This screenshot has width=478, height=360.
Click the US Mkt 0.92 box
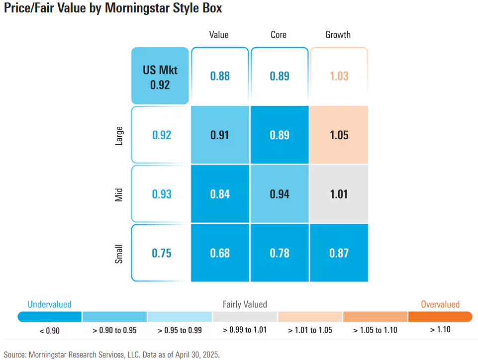pos(160,76)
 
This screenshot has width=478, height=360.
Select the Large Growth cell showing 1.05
pos(339,135)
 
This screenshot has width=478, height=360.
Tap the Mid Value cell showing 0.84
pos(220,194)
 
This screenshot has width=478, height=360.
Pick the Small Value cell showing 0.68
pos(220,253)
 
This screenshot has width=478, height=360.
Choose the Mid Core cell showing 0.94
pos(280,194)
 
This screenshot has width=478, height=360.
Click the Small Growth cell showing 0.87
pos(339,253)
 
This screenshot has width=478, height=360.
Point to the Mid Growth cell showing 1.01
pos(339,194)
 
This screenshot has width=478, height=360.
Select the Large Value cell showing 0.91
pos(220,135)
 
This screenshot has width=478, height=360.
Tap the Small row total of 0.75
pos(161,253)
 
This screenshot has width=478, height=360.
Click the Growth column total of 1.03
pos(339,76)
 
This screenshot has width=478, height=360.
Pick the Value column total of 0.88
pos(220,76)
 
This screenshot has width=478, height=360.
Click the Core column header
pos(279,35)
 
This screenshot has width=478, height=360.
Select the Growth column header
pos(338,35)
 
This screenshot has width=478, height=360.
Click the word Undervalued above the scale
pos(49,304)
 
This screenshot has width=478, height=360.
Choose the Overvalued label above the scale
pos(440,304)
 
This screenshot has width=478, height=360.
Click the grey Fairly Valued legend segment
pos(245,317)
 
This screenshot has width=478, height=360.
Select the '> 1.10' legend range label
pos(440,329)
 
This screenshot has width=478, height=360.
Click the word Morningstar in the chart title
pos(136,8)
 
